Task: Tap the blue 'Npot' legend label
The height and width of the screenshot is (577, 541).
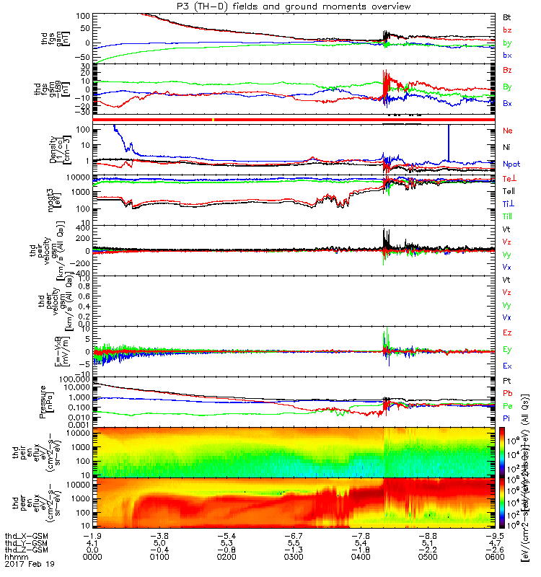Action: (510, 164)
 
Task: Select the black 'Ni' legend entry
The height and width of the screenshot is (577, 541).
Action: (506, 147)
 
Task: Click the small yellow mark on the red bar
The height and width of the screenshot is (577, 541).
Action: (214, 118)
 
